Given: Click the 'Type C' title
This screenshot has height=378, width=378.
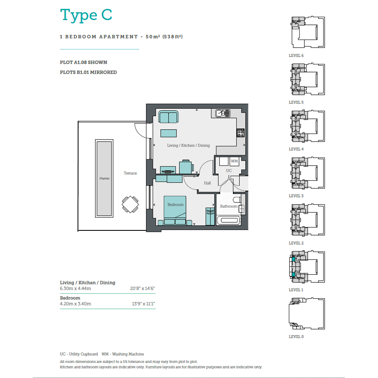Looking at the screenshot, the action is (86, 16).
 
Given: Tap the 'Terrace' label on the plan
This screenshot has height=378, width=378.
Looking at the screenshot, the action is (130, 173).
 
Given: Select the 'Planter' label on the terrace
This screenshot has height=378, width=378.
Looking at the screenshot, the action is (104, 178).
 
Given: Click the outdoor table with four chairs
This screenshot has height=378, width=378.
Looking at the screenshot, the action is (130, 204).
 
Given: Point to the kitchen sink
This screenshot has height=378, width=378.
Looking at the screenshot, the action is (223, 113).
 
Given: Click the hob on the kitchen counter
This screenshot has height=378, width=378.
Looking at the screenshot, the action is (240, 133).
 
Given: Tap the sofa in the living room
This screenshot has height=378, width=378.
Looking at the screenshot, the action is (168, 117).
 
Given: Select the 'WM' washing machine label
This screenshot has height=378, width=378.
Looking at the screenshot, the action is (234, 161).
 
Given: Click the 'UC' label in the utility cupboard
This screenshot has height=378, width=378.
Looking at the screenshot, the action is (229, 171).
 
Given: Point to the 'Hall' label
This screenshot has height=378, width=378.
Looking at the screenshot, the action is (207, 183).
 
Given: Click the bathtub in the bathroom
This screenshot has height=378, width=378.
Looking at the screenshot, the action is (229, 220).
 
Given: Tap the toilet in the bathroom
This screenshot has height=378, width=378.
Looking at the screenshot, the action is (237, 200).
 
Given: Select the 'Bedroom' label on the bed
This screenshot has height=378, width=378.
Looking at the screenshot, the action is (176, 205).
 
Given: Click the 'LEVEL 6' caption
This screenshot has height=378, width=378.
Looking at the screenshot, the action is (296, 56).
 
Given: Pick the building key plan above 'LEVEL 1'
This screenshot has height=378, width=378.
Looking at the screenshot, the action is (307, 267).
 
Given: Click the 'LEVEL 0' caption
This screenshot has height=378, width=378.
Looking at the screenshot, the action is (296, 336).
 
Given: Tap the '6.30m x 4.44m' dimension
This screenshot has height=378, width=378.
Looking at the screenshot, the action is (76, 288).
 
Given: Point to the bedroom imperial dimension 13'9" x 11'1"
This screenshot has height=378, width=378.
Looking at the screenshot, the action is (143, 304).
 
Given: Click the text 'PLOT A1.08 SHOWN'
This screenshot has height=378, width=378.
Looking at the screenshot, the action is (84, 62).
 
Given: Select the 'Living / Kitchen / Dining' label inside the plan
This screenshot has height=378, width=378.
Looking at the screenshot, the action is (188, 145).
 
